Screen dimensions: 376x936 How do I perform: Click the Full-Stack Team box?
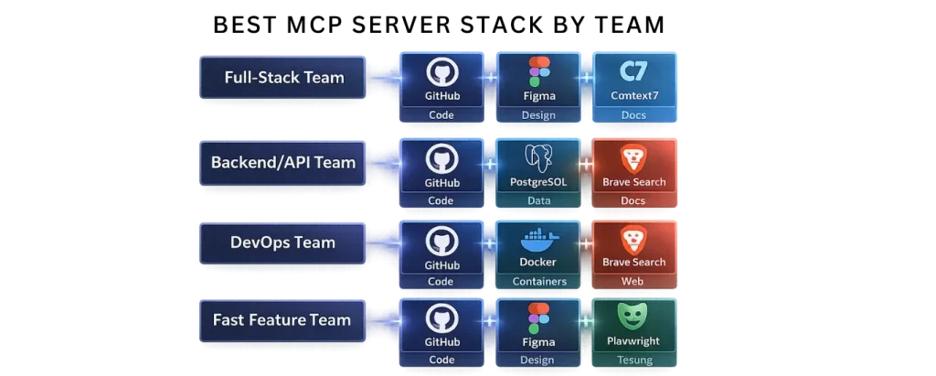coord(284,78)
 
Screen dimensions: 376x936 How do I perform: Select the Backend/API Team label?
coord(284,163)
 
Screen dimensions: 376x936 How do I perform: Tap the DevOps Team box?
coord(284,242)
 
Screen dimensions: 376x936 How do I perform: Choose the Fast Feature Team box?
coord(282,320)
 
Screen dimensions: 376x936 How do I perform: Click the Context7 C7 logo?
coord(633,72)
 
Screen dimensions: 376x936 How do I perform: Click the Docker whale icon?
coord(537,241)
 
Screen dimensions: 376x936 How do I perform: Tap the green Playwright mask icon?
coord(633,317)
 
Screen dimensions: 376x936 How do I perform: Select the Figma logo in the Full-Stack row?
coord(539,71)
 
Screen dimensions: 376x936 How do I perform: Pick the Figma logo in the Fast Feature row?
coord(539,318)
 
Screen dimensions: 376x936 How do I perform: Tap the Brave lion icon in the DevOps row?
coord(633,240)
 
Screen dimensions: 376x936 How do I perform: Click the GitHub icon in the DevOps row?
coord(441,240)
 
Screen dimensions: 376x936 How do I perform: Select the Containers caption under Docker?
coord(538,282)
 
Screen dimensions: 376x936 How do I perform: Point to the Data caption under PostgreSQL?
coord(538,200)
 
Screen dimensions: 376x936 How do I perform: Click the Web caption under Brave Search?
coord(633,282)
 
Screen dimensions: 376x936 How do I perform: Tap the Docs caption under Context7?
coord(633,115)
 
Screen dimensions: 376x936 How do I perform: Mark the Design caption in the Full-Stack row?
coord(538,115)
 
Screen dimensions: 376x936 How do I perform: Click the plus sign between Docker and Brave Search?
coord(586,244)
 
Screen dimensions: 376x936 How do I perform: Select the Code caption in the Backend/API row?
coord(441,200)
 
